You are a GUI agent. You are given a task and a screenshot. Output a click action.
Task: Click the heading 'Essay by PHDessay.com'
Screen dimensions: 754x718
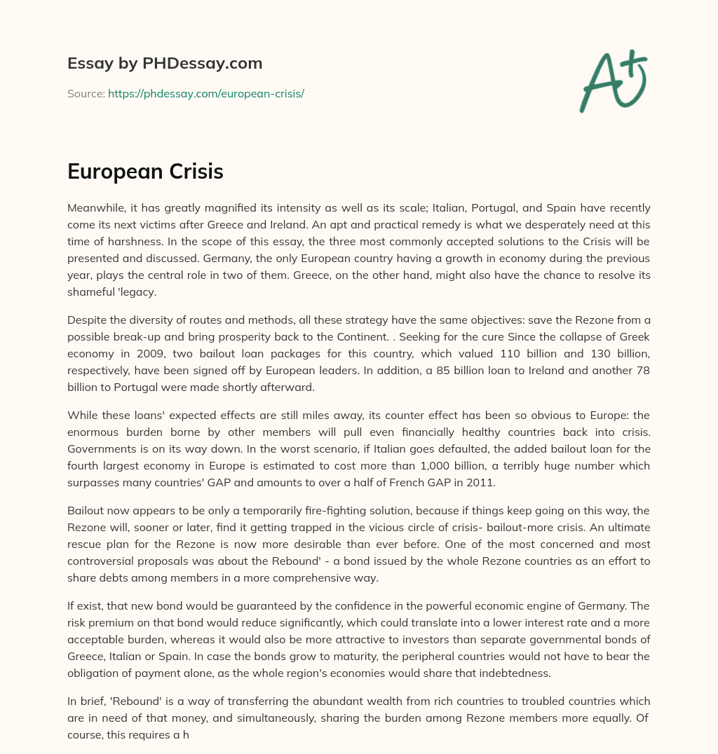click(165, 64)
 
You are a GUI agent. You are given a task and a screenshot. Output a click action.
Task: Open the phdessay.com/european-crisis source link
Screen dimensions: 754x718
click(205, 93)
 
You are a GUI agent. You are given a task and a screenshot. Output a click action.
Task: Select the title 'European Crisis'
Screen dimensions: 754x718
click(145, 172)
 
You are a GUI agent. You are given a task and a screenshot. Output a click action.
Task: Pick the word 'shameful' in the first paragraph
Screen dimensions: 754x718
click(89, 275)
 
